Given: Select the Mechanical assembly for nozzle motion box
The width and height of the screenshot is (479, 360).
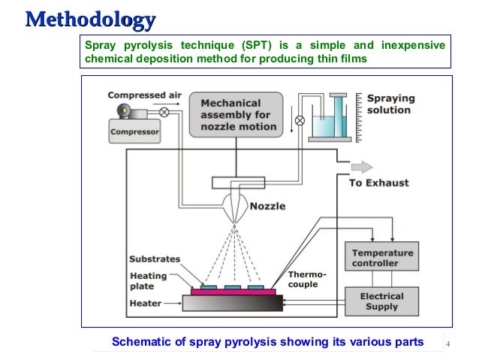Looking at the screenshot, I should [235, 114].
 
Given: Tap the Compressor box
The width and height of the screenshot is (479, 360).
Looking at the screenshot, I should [135, 132].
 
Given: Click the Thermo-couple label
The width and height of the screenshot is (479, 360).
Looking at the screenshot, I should [303, 280].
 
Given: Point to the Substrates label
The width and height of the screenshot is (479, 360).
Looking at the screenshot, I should [155, 259].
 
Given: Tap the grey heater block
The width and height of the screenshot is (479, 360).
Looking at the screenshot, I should [233, 302].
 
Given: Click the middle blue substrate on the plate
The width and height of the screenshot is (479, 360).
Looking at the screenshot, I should [232, 287].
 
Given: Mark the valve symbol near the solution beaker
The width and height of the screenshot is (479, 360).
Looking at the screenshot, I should [300, 119].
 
